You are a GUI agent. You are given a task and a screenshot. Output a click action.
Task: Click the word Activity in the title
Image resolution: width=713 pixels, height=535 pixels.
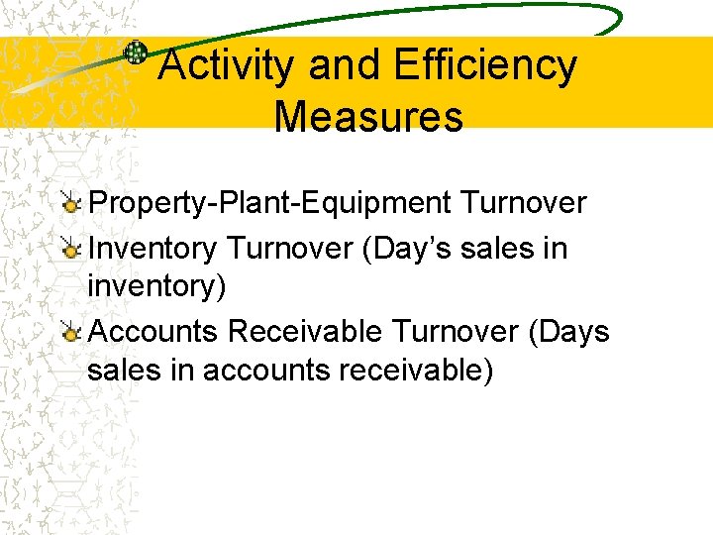click(227, 66)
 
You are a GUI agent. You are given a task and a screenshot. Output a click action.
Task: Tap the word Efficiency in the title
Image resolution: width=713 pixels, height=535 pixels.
click(484, 66)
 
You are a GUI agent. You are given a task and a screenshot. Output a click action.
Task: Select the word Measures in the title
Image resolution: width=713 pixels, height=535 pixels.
click(368, 117)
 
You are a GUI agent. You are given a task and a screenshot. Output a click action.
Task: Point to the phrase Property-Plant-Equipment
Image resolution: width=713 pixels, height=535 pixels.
click(269, 204)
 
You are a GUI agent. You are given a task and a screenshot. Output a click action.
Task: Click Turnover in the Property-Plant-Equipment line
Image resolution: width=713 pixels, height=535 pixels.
click(523, 203)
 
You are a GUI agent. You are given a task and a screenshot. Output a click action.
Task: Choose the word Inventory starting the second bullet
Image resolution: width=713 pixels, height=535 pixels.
click(153, 248)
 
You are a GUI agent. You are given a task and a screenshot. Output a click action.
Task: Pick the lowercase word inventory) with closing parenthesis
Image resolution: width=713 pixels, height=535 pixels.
click(156, 287)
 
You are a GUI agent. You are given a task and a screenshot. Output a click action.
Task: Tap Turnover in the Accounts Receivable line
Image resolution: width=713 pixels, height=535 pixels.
click(456, 331)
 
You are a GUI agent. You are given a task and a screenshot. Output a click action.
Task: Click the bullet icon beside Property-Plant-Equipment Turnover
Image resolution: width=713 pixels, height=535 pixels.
click(70, 204)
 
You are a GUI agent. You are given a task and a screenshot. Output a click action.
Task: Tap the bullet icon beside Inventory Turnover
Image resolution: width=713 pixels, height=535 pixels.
click(70, 249)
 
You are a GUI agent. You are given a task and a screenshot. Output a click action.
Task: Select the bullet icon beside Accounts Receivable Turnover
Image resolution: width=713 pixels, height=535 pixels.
click(70, 332)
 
